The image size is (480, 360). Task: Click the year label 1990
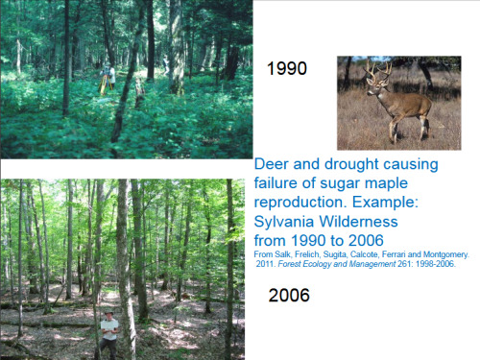point(287,68)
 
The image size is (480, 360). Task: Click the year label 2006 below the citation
point(289,295)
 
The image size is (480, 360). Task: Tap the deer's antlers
point(378,71)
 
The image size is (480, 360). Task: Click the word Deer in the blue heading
point(272,164)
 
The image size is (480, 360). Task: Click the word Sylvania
point(284,222)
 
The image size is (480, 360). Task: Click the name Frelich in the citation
point(307,254)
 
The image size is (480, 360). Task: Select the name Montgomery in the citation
point(445,254)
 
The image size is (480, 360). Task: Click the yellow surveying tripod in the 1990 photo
point(106,84)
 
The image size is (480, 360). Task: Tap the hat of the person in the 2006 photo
point(109,313)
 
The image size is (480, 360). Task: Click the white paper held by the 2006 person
point(109,325)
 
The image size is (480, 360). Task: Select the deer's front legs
point(394,128)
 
